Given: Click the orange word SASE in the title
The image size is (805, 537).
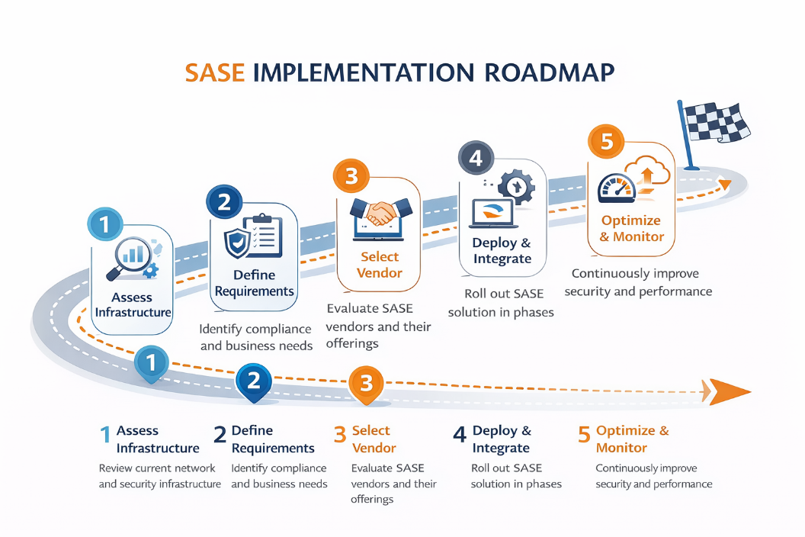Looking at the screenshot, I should (215, 72).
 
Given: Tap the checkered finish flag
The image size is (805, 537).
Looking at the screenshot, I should (714, 122).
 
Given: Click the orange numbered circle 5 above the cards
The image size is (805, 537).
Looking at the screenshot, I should (607, 143).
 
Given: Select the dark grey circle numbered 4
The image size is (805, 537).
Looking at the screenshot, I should (476, 158).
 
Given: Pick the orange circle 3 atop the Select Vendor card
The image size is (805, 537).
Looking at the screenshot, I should (351, 176).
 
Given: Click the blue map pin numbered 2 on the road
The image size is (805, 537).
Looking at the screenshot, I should (255, 381).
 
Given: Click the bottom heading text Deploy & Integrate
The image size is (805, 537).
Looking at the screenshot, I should (502, 439).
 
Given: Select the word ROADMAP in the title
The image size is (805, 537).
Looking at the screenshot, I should (550, 72).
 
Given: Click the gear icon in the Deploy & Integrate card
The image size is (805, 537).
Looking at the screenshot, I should (518, 185).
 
